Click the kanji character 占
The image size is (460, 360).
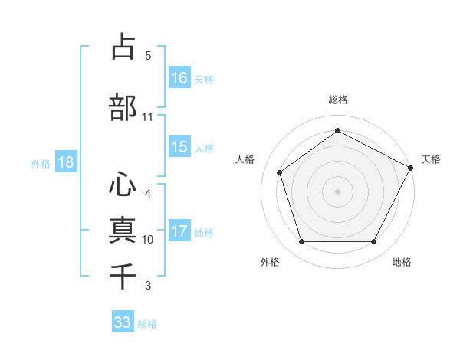(123, 47)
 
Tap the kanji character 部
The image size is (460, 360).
(123, 108)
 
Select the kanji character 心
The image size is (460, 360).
(123, 185)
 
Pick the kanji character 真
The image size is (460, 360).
(123, 231)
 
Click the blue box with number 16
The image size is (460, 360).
(179, 77)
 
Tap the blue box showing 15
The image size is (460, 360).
(179, 147)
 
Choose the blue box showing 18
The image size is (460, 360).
(65, 162)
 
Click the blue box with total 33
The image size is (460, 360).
(123, 322)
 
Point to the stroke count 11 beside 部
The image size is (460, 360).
(147, 117)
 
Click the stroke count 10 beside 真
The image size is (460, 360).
(147, 240)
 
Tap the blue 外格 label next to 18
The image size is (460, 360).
(41, 163)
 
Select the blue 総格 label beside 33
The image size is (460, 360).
(148, 323)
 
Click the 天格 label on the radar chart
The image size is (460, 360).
(431, 159)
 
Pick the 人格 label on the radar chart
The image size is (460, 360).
(245, 159)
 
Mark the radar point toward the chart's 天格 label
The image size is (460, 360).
(412, 167)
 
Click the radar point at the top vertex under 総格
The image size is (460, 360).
(337, 130)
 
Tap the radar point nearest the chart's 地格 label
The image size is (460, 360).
(373, 241)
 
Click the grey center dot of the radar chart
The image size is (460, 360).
(337, 191)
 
